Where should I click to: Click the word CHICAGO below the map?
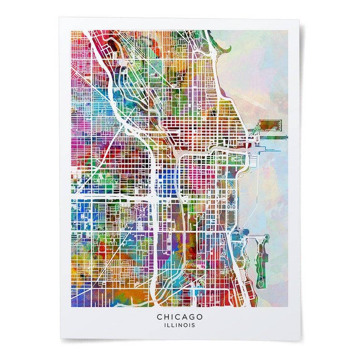[x=180, y=316]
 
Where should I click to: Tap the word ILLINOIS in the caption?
[x=180, y=325]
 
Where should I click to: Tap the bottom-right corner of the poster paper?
[x=300, y=339]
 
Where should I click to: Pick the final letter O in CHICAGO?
[x=200, y=316]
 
